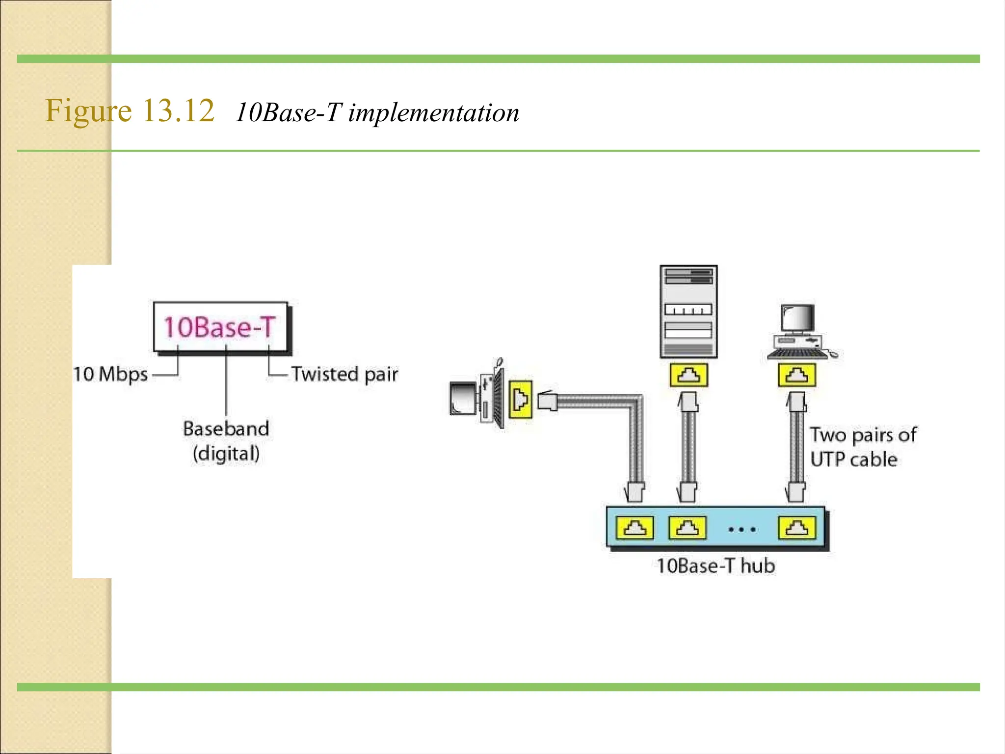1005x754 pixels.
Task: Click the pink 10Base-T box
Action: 220,327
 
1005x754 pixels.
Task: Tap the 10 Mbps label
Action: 110,374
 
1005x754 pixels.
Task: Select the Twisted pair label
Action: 344,374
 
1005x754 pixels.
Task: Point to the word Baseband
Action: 226,429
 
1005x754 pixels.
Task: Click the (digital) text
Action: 226,453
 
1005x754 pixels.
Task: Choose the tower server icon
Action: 688,311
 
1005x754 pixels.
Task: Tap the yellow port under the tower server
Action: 688,375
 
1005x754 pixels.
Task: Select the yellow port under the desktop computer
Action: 796,375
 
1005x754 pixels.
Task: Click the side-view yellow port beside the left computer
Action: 520,399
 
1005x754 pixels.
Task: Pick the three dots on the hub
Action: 742,529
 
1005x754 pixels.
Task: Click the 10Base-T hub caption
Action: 715,566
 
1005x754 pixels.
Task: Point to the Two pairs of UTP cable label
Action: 862,447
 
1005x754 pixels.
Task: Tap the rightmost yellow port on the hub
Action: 796,528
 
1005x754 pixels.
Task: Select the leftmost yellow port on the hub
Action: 635,528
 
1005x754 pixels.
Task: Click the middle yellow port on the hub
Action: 688,528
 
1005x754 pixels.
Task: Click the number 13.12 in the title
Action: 179,110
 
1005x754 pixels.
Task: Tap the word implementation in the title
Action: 433,113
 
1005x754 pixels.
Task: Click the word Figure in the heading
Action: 88,110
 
